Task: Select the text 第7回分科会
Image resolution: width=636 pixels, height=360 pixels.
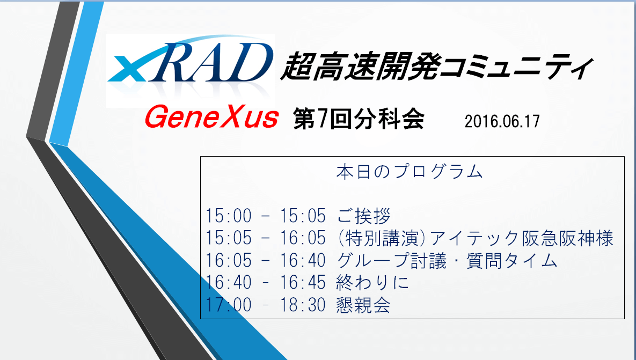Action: [359, 119]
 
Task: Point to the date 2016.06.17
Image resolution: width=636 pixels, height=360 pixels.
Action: [502, 122]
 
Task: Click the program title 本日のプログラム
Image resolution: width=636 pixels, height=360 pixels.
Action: [410, 172]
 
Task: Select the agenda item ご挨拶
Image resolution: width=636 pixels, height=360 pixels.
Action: [364, 216]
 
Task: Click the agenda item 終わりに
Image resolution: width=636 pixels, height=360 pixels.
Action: [372, 283]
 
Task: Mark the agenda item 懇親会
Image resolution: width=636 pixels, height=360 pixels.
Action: [363, 305]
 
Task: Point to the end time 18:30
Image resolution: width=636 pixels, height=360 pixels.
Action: [303, 305]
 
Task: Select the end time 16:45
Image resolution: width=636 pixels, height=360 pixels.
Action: [303, 283]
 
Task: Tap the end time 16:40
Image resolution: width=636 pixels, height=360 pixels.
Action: [303, 261]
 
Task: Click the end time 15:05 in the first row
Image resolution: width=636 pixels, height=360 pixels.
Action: [303, 216]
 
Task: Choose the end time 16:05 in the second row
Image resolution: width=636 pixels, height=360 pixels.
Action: [303, 238]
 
